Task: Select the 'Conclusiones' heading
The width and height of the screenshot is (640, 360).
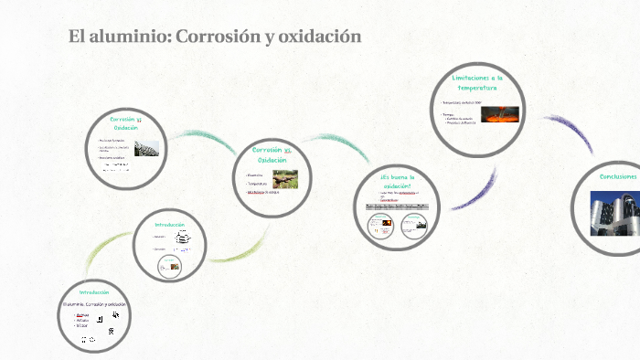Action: [618, 175]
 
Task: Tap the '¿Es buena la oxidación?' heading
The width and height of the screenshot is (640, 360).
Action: [398, 181]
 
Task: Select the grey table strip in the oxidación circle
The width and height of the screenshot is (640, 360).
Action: [397, 207]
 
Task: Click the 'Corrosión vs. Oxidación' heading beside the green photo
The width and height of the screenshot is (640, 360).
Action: [272, 154]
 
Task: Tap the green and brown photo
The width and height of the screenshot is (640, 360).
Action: [285, 179]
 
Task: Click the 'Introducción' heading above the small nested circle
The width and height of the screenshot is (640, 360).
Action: [169, 224]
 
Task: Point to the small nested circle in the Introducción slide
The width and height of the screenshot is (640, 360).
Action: [168, 265]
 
